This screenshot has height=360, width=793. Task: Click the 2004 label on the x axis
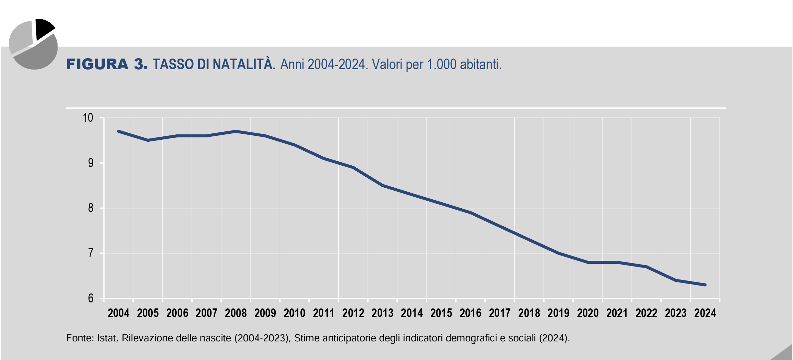click(118, 313)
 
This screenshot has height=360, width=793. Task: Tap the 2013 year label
click(382, 313)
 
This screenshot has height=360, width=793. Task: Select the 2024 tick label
click(705, 313)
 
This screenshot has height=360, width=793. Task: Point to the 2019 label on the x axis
click(558, 313)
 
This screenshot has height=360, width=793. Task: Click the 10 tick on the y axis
click(88, 118)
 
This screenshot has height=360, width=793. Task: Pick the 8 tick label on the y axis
click(91, 208)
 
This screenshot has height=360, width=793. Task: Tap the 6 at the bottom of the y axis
click(91, 298)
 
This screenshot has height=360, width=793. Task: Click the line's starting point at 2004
click(118, 131)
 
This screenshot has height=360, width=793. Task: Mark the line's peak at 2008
click(236, 131)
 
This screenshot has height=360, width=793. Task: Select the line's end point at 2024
click(705, 285)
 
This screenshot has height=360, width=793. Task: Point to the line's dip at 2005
click(148, 140)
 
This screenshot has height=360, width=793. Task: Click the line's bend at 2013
click(382, 185)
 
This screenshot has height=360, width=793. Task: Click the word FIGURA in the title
click(97, 64)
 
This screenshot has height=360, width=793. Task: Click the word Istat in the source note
click(107, 338)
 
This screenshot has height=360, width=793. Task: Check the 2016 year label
click(470, 313)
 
